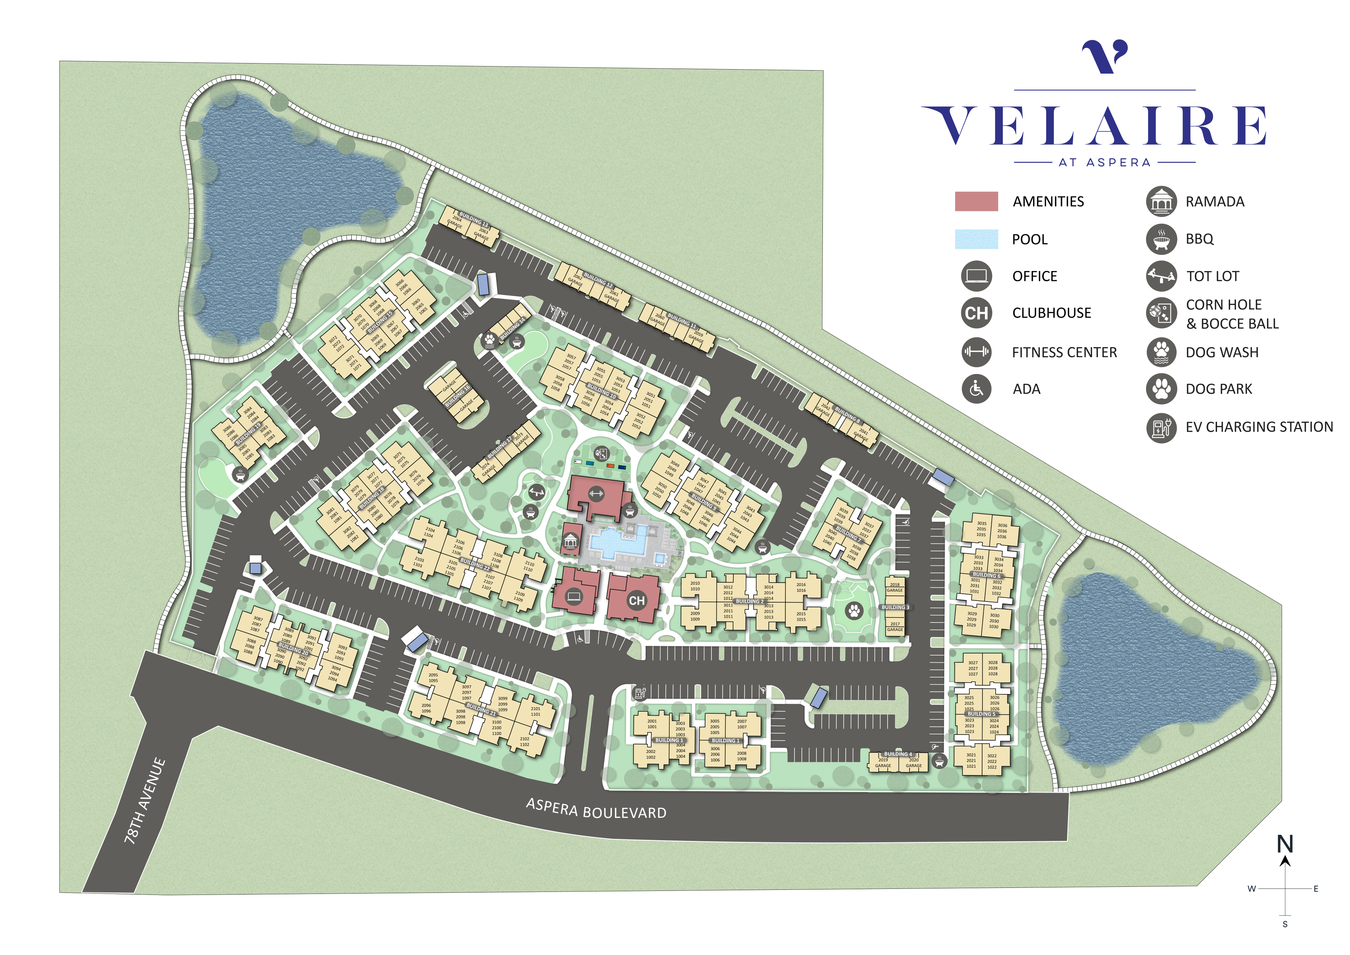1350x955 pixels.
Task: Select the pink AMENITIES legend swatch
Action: [976, 201]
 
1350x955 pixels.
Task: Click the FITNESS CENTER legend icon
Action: [976, 352]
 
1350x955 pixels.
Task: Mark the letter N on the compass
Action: [1285, 845]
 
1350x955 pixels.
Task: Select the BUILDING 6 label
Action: [986, 575]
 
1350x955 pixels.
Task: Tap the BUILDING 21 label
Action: [480, 709]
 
